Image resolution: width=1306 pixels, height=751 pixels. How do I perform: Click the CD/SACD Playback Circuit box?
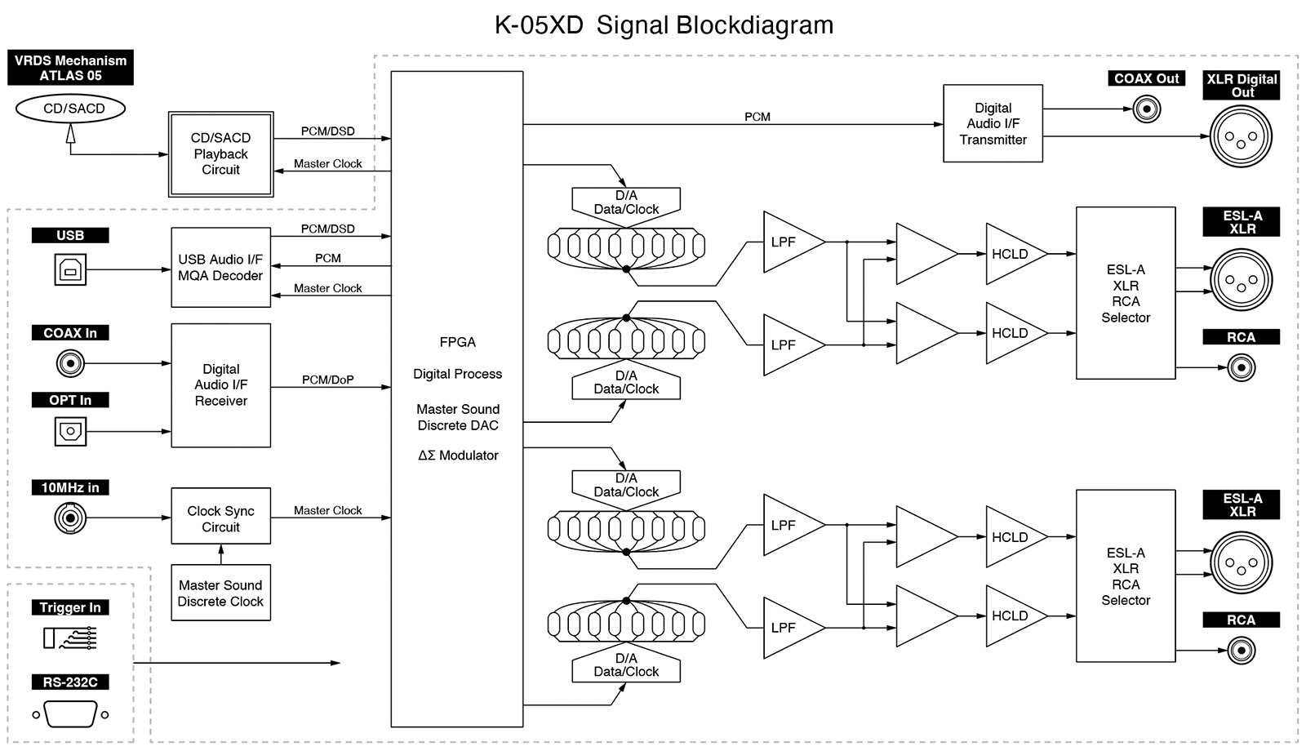click(x=220, y=154)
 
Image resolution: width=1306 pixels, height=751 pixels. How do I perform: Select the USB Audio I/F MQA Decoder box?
click(x=220, y=268)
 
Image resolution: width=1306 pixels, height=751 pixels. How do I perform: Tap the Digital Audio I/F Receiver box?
click(x=220, y=385)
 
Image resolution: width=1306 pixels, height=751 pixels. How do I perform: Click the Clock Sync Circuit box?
click(x=220, y=518)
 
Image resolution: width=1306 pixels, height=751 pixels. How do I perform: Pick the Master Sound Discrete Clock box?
click(x=220, y=593)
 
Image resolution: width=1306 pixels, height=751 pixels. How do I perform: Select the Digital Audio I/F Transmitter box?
click(x=993, y=123)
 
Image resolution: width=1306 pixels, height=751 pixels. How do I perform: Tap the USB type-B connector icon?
click(x=70, y=269)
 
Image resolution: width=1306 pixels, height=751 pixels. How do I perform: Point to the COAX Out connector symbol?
click(x=1146, y=109)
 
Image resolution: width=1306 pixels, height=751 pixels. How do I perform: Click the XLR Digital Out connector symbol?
click(x=1241, y=136)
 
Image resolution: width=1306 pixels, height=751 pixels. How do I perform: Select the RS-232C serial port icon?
click(x=70, y=714)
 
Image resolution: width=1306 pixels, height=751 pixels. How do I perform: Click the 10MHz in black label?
click(x=70, y=487)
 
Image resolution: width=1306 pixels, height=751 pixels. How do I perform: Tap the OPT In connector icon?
click(x=70, y=431)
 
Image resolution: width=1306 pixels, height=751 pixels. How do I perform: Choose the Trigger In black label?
click(x=70, y=607)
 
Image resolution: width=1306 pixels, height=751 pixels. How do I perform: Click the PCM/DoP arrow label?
click(x=327, y=380)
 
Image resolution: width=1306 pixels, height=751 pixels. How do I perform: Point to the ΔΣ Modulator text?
click(x=458, y=455)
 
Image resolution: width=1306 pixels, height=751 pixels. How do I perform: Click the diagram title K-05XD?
click(x=539, y=25)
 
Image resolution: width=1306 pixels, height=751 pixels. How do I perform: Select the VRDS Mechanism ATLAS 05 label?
click(x=70, y=68)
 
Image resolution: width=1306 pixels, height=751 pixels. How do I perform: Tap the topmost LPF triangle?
click(x=788, y=242)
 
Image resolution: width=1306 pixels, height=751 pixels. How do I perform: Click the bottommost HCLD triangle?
click(x=1012, y=616)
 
